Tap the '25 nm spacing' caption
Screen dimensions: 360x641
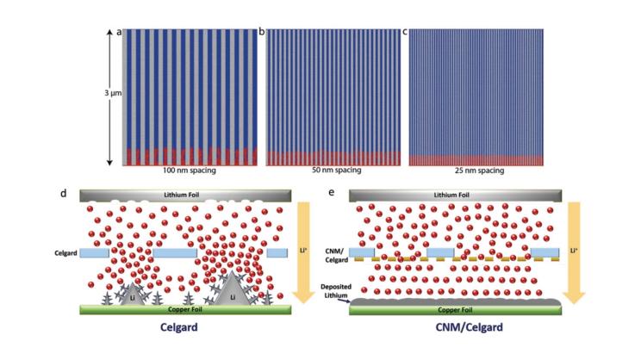coord(476,171)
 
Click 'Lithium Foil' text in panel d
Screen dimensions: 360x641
coord(186,196)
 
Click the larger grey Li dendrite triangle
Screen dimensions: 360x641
coord(232,289)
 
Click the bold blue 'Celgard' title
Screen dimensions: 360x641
coord(186,327)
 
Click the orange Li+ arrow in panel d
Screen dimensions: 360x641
coord(303,250)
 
